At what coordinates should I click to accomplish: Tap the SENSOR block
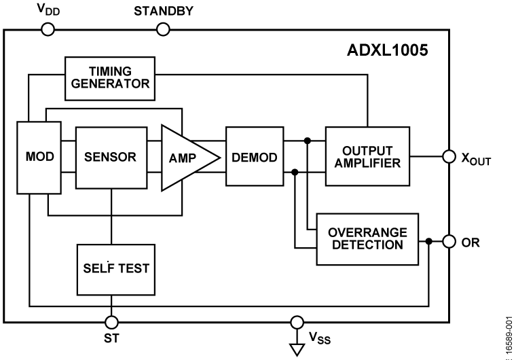click(111, 157)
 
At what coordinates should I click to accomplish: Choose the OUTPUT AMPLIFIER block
click(367, 156)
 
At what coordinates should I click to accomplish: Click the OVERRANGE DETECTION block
click(367, 238)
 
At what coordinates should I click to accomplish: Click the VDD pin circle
click(48, 29)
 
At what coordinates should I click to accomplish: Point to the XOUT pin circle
click(448, 156)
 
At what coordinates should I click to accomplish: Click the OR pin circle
click(448, 241)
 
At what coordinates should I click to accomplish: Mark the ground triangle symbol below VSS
click(296, 348)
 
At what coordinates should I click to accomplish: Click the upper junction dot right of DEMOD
click(308, 141)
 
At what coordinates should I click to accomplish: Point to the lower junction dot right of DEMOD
click(295, 173)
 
